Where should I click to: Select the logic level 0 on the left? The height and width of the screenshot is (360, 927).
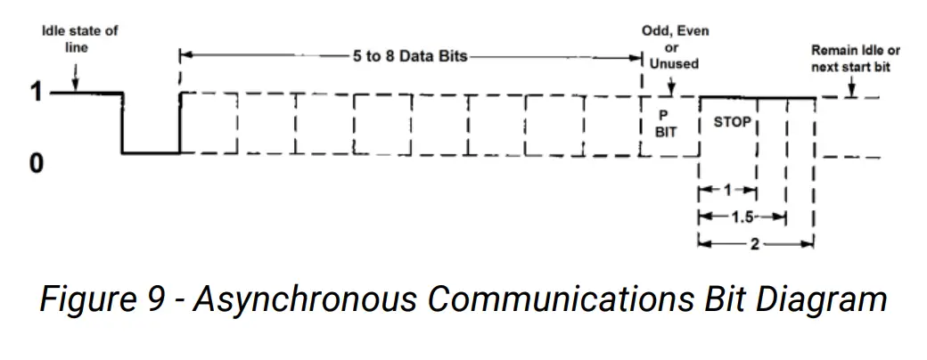(x=37, y=165)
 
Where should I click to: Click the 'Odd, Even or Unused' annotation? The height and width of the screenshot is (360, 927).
(x=674, y=47)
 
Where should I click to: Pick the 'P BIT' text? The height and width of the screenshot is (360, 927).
(x=666, y=123)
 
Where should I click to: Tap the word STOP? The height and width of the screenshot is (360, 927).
(x=733, y=122)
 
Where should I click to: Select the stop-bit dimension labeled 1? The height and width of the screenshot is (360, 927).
(x=726, y=191)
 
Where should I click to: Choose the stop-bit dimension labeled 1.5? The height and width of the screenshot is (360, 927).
(x=742, y=217)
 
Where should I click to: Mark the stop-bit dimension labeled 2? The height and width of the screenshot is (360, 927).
(x=754, y=243)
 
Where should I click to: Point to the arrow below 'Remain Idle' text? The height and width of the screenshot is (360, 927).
(x=853, y=87)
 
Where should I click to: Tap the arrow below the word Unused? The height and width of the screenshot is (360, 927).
(x=670, y=86)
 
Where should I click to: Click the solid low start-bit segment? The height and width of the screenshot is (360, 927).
(x=151, y=153)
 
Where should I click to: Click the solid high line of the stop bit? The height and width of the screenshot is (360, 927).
(x=758, y=97)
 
